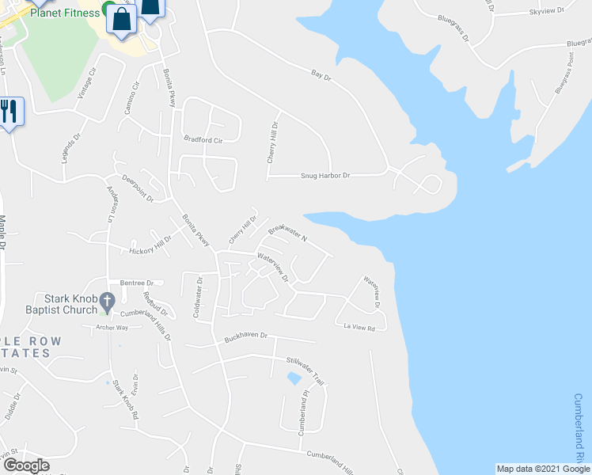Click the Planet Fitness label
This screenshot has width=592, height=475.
[x=65, y=13]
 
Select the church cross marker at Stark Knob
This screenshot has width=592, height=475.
[x=109, y=302]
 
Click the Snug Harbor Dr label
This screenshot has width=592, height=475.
[x=324, y=176]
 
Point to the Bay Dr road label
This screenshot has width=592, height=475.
[x=320, y=76]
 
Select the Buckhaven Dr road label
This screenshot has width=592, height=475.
[x=247, y=336]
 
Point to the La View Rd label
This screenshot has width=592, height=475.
[x=359, y=326]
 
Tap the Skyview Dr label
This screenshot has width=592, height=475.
[x=545, y=12]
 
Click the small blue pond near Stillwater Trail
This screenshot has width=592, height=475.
[x=294, y=379]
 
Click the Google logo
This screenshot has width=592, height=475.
[x=26, y=465]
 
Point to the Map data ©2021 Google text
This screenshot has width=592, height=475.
[x=542, y=469]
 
